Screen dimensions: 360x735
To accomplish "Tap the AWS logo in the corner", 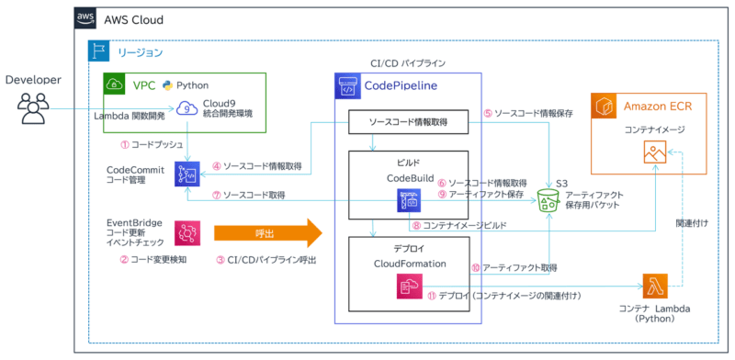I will tap(86, 20).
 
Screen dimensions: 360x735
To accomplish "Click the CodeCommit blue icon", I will tap(187, 174).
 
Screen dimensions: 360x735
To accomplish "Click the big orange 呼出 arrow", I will tap(268, 231).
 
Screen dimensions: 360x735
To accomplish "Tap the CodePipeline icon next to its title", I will tap(349, 87).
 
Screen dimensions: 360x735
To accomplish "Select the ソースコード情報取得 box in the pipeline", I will tap(409, 123).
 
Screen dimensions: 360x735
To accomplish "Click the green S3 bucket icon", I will tap(548, 197).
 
